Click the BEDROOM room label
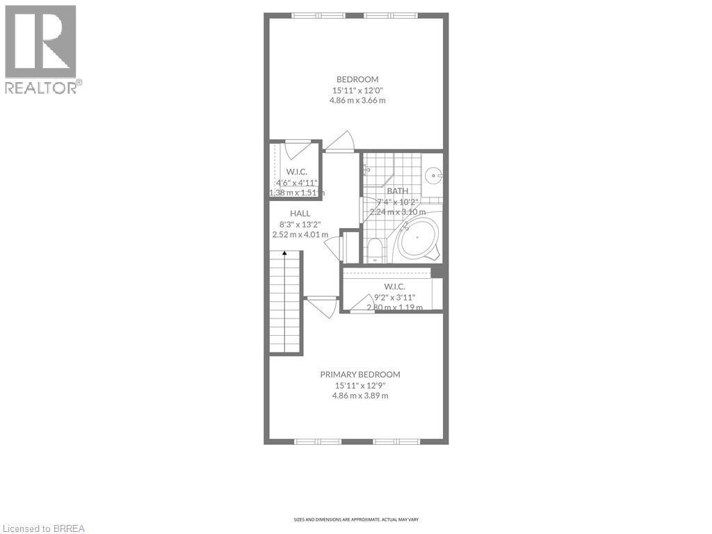click(357, 79)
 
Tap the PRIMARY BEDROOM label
click(359, 374)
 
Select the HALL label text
click(300, 213)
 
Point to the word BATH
click(398, 191)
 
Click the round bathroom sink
click(433, 175)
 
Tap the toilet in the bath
click(375, 250)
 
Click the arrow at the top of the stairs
click(284, 254)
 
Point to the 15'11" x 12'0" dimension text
click(357, 90)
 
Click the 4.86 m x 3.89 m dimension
click(359, 396)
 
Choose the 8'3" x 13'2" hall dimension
click(300, 224)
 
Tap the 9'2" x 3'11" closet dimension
click(394, 297)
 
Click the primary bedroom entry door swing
click(323, 307)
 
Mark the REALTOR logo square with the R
click(40, 42)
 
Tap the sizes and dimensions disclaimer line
click(355, 519)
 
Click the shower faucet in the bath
click(366, 168)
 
